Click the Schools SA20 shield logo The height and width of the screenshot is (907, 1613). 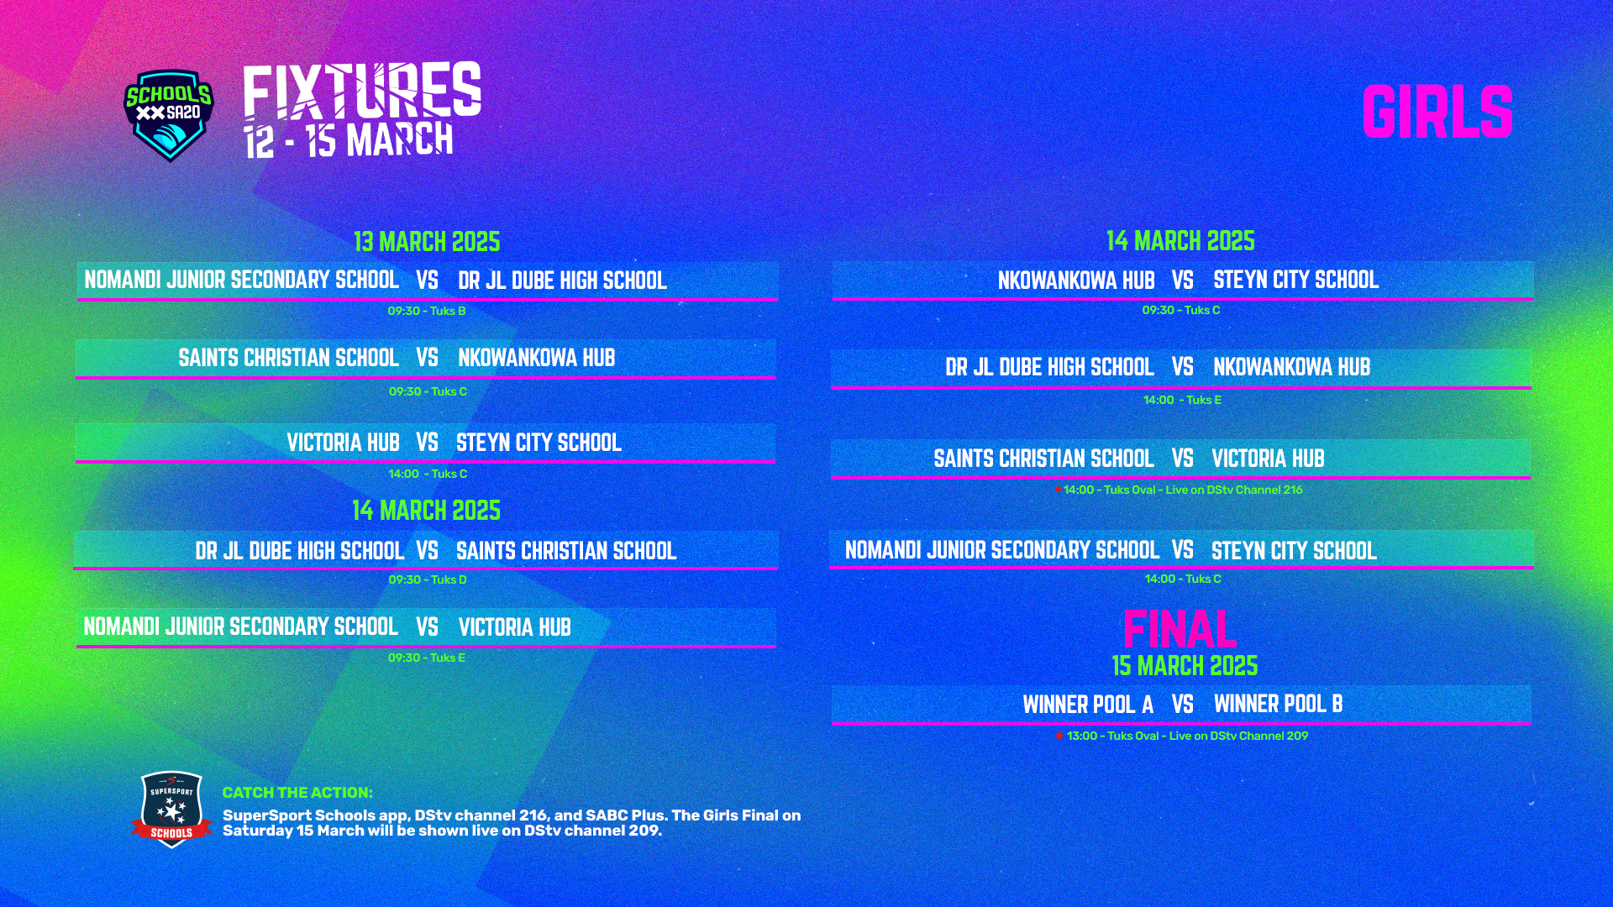(169, 115)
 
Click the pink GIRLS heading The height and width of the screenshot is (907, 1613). (1437, 112)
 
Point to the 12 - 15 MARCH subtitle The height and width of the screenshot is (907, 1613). (349, 140)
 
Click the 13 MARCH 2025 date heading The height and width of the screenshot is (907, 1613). (427, 242)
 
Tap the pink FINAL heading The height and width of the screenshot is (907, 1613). (1180, 628)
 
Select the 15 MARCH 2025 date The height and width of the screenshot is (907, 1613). (1185, 666)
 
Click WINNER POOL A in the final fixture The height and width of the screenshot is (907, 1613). (1088, 705)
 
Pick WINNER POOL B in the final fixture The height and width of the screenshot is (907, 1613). (1278, 704)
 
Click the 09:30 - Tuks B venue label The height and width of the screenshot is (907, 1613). (427, 311)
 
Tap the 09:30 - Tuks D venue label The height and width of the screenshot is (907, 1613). (427, 579)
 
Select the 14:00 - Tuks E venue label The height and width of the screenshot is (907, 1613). (1182, 400)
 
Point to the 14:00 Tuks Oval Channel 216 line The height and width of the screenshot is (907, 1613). (1179, 490)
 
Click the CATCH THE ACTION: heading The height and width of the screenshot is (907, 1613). (297, 793)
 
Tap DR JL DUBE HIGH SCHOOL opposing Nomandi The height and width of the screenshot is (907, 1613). (562, 280)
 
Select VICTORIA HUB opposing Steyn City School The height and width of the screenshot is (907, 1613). (343, 443)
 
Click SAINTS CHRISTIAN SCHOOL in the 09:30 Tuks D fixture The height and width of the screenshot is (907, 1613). (566, 551)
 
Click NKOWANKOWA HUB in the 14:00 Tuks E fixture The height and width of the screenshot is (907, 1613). (1291, 367)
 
